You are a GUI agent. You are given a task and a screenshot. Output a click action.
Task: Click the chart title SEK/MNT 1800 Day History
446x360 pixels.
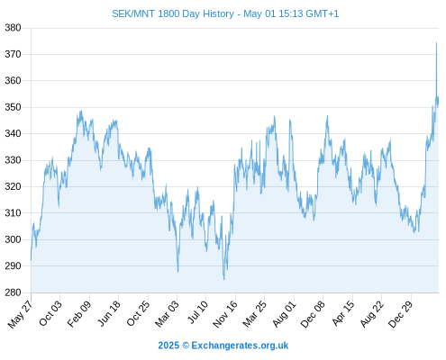pos(173,13)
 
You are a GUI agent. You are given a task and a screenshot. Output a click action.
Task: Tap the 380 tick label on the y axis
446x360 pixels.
pos(13,28)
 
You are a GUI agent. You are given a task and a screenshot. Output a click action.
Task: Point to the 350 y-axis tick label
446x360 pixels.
pos(13,107)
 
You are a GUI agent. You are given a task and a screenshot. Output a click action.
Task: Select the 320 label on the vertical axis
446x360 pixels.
pos(13,186)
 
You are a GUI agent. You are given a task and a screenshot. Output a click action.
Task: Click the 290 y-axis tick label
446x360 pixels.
pos(13,265)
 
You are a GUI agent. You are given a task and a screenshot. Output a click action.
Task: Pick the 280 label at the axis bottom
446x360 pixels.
pos(13,292)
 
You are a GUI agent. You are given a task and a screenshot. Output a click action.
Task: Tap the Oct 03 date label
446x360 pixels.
pos(50,313)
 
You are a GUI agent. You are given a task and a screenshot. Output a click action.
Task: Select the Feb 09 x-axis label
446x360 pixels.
pos(78,313)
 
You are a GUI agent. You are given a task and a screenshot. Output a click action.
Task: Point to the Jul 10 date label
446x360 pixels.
pos(197,312)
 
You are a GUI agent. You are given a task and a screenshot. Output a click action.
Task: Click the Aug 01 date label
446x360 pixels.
pos(284,313)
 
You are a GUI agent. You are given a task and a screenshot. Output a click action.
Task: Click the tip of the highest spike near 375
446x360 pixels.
pos(436,42)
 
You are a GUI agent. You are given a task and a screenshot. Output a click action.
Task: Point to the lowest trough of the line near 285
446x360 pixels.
pos(224,280)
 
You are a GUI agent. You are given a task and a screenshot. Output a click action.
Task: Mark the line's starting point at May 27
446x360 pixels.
pos(31,260)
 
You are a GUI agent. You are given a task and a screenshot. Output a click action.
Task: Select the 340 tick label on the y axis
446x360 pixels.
pos(13,133)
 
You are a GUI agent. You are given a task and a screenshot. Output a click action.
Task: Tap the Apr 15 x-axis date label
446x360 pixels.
pos(343,313)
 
